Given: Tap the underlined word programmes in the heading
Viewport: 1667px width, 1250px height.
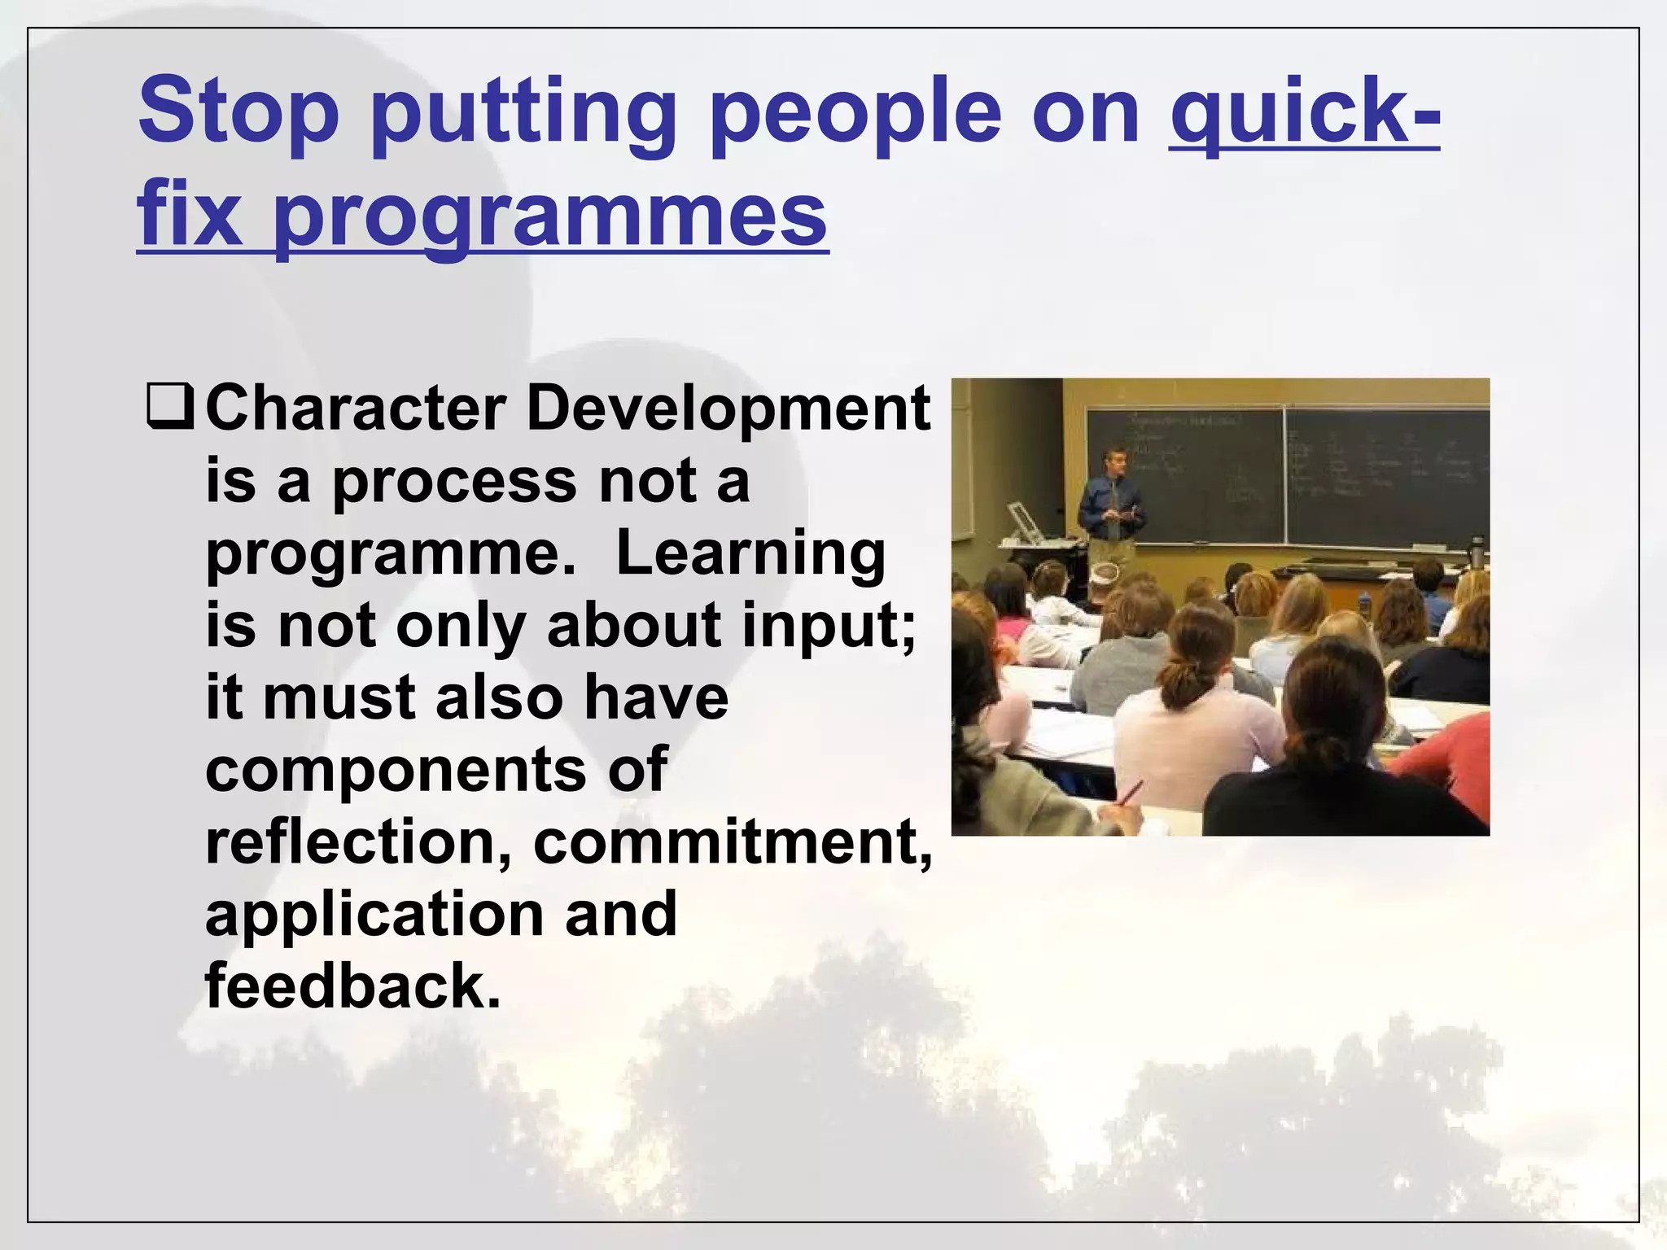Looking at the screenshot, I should click(x=549, y=216).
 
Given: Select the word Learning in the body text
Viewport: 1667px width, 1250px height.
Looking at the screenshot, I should click(x=750, y=553).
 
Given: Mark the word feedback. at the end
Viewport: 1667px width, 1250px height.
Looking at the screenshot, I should click(x=352, y=986).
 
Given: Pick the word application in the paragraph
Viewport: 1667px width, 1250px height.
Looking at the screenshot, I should click(x=374, y=914).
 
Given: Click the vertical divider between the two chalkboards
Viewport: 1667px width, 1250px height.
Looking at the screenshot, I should click(x=1284, y=476).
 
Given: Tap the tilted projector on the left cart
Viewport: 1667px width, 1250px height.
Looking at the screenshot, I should click(x=1022, y=521).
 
